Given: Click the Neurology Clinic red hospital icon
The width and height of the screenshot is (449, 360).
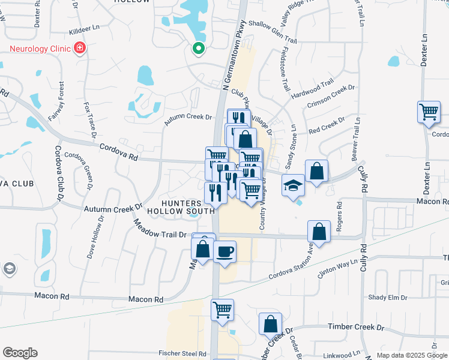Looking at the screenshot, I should point(79,48).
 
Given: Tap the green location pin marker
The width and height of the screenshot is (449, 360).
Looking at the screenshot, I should point(197,49).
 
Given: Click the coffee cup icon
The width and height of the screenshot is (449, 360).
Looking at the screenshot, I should point(224,251).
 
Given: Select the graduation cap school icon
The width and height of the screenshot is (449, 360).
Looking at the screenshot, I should point(293,185).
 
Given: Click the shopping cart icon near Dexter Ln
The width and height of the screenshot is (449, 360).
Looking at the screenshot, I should point(429,112).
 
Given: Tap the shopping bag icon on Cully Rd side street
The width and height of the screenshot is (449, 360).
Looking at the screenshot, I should point(319,232).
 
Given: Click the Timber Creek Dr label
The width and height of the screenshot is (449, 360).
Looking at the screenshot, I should point(355,328).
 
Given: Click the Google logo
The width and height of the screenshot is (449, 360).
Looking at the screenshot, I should point(20,353).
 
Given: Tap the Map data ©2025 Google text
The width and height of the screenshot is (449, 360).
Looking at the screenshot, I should point(411,355).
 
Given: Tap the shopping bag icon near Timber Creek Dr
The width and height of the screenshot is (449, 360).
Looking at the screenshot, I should point(270,323).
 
